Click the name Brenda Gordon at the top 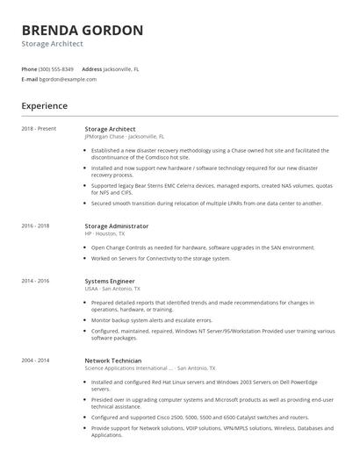(x=83, y=31)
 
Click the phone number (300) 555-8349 (x=56, y=68)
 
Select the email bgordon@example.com (x=68, y=79)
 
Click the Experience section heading (x=44, y=106)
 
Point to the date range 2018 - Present (x=39, y=129)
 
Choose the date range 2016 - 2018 (x=35, y=225)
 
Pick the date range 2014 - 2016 (x=35, y=281)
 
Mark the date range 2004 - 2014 (x=35, y=361)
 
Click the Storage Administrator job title (x=116, y=225)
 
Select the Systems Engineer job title (x=111, y=281)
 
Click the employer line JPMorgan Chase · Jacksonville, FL (x=124, y=137)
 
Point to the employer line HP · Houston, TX (x=104, y=233)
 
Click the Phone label (x=29, y=68)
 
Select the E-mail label (x=29, y=79)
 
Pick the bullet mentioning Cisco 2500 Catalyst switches (x=200, y=418)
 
